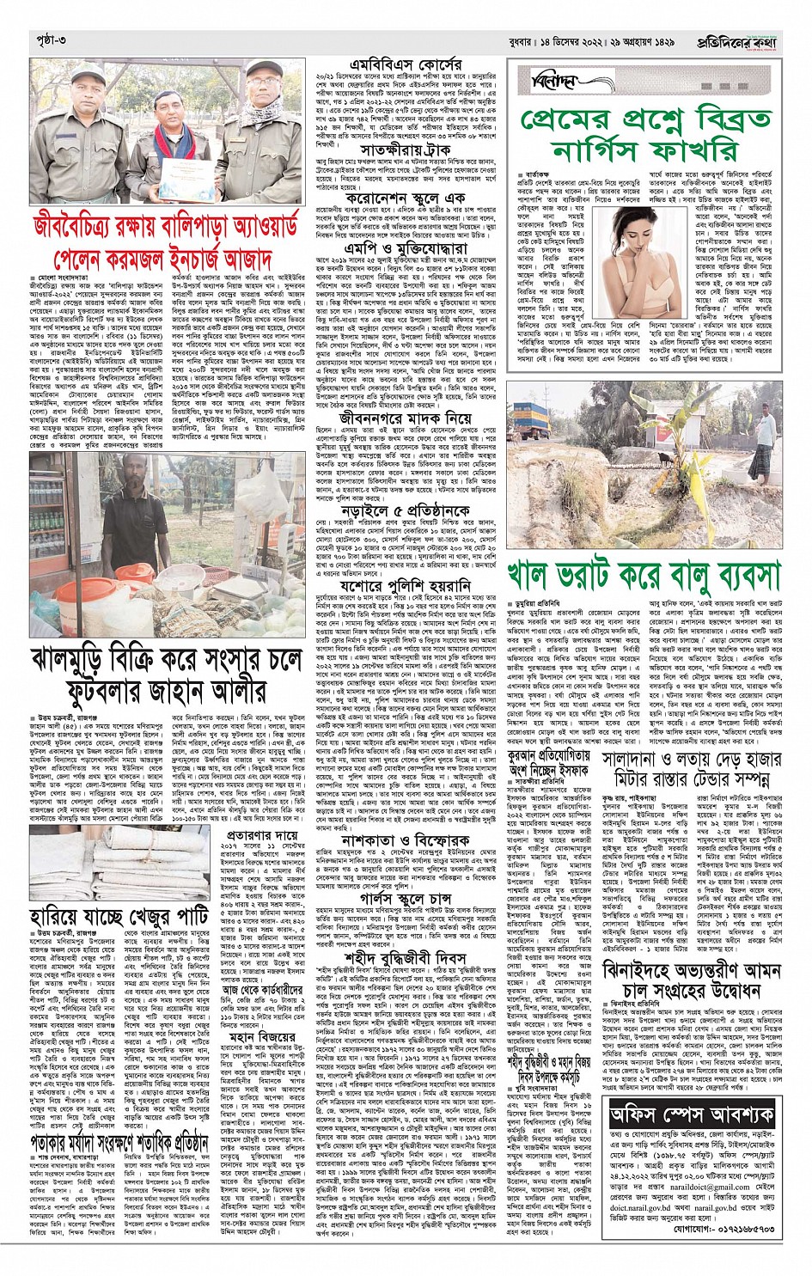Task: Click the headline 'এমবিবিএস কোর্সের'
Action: point(406,65)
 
